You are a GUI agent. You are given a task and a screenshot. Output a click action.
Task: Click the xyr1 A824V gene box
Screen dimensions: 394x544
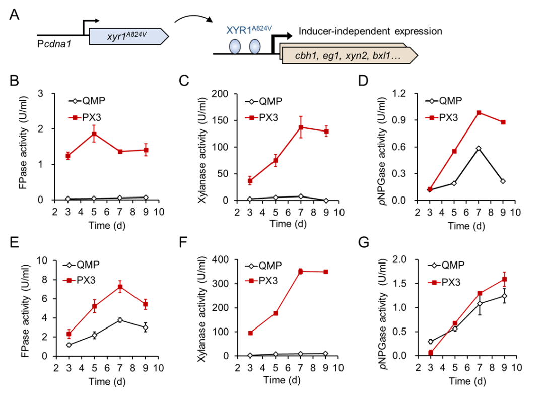coord(128,37)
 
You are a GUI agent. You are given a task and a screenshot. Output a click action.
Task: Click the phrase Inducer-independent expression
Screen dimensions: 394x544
coord(370,31)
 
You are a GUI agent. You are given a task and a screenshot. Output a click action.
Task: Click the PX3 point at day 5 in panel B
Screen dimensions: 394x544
coord(94,134)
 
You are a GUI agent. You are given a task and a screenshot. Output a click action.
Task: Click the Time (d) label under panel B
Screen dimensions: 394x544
coord(107,225)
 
